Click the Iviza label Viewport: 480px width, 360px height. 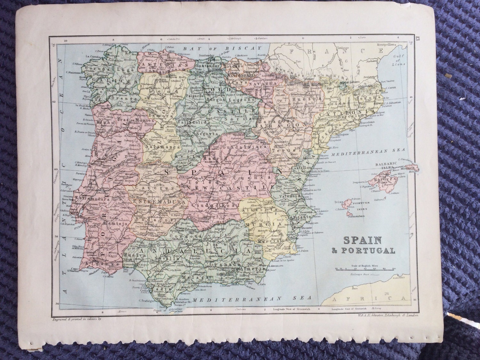click(339, 203)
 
